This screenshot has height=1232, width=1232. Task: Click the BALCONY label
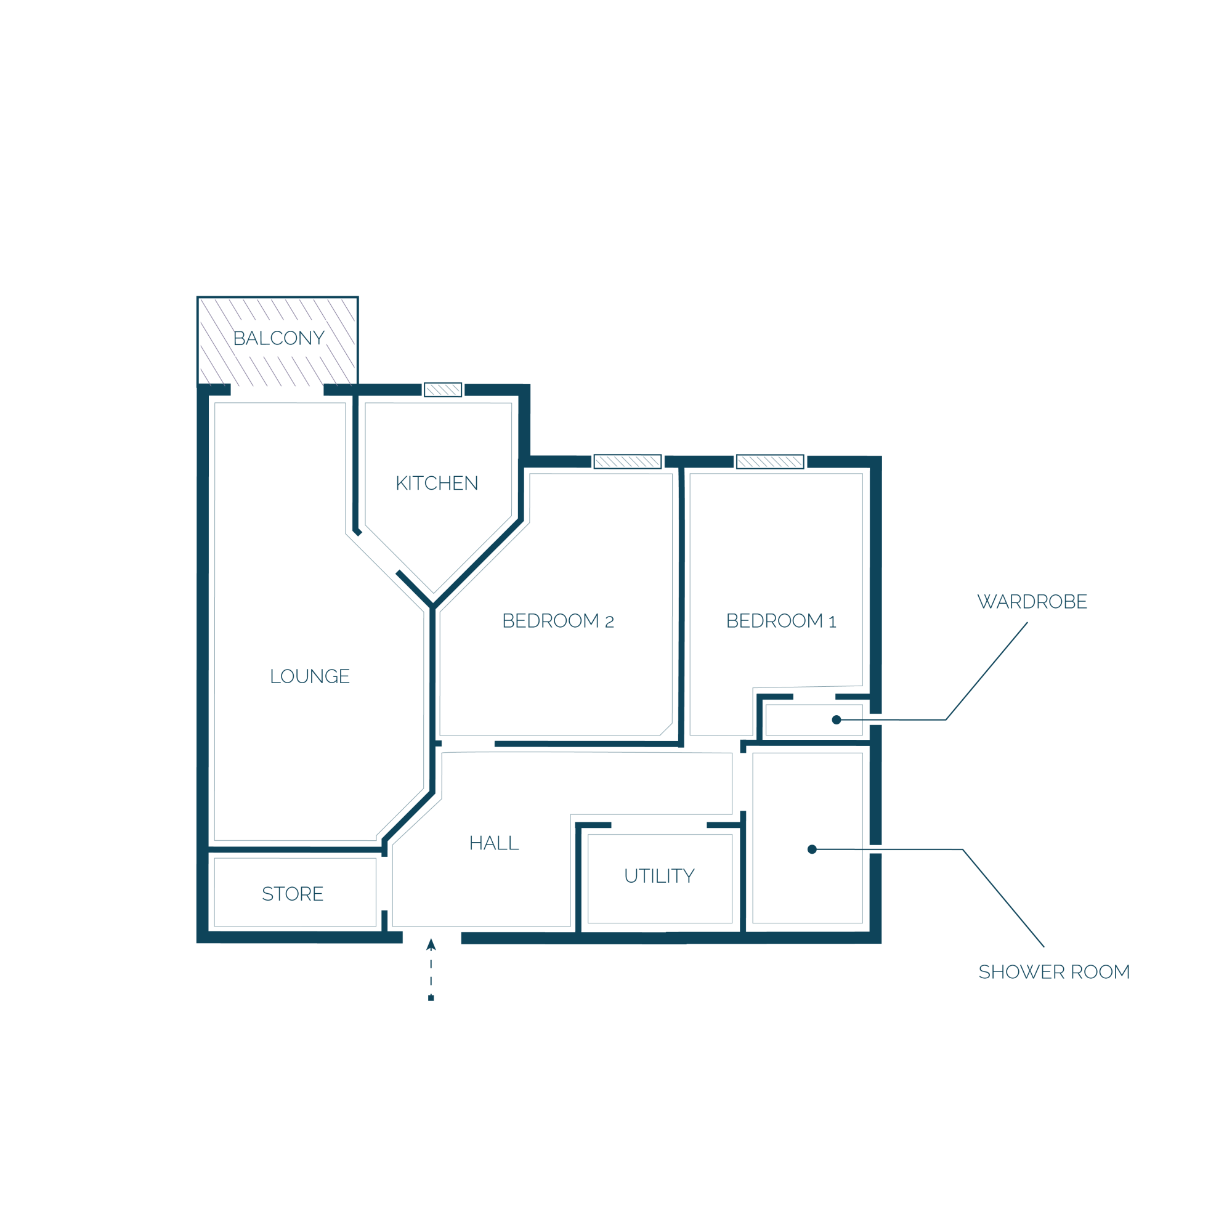click(278, 338)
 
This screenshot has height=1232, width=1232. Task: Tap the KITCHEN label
click(437, 484)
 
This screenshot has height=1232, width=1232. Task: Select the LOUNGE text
click(310, 676)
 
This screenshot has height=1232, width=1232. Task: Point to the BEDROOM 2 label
click(558, 621)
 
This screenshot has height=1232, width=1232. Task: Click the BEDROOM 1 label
click(781, 621)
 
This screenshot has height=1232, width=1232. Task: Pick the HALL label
click(494, 844)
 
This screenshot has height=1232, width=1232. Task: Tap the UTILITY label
click(659, 876)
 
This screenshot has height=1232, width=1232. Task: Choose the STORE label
click(293, 894)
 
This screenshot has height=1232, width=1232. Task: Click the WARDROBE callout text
click(1032, 602)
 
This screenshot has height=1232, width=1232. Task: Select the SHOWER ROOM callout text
click(1054, 973)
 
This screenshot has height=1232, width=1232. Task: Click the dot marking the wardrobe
click(837, 720)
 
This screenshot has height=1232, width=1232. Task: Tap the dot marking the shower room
click(812, 849)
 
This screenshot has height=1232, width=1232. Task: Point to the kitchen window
click(442, 390)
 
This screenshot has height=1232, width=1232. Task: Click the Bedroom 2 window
click(628, 461)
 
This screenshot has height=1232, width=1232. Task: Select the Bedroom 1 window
click(771, 461)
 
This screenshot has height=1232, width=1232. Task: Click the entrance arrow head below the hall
click(431, 945)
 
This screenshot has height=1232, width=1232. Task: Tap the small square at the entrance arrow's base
click(431, 998)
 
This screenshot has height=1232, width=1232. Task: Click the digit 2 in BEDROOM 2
click(609, 622)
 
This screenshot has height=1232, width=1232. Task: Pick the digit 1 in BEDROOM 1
click(832, 622)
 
